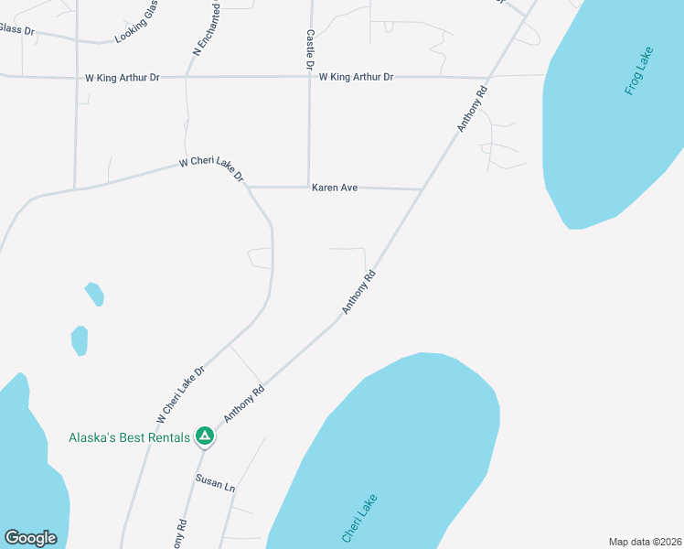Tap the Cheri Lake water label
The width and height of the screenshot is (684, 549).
tap(359, 518)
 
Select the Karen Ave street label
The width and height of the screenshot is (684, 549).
tap(335, 188)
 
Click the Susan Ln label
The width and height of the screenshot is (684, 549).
tap(215, 482)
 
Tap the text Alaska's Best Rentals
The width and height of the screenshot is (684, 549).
tap(129, 437)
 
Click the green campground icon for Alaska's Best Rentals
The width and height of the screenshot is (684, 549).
tap(206, 437)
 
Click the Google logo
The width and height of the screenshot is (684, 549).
tap(30, 538)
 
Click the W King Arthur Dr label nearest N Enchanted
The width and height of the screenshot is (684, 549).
tap(123, 78)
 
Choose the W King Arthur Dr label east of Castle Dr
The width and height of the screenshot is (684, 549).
tap(357, 77)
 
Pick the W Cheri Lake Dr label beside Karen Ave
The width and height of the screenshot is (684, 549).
tap(211, 167)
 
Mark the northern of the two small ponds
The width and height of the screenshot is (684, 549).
tap(94, 294)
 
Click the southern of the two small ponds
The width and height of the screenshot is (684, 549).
tap(80, 340)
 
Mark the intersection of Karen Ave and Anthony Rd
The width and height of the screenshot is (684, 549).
tap(422, 189)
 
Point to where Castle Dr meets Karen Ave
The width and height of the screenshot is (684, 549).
tap(309, 187)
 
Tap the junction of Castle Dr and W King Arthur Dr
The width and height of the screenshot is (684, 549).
tap(310, 77)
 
